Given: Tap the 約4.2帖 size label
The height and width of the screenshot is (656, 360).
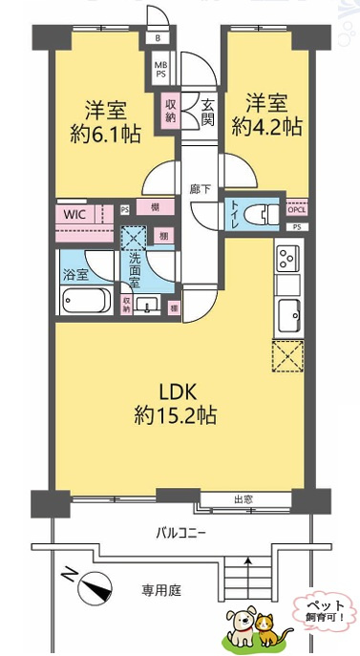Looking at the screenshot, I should point(272,126).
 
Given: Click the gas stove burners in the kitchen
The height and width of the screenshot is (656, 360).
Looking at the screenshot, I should point(287,258).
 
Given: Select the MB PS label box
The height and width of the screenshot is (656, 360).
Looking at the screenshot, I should point(159,70).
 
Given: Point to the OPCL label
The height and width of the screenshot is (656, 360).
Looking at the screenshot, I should point(296,211).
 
